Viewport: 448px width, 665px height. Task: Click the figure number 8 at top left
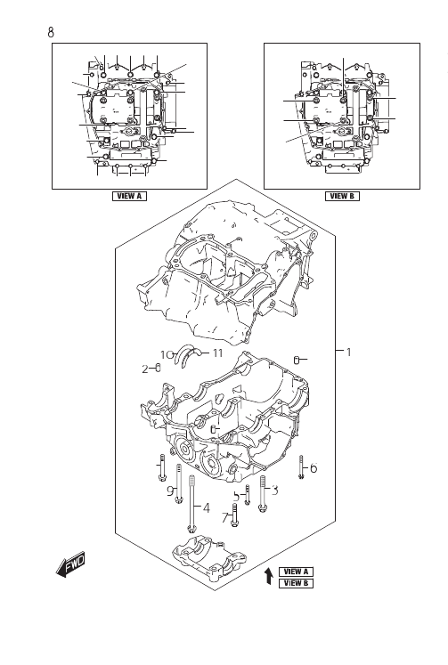coord(51,32)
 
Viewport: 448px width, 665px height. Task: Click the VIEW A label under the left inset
coord(129,196)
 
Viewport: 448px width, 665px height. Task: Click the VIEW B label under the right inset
coord(342,196)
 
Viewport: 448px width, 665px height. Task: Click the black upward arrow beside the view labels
coord(268,577)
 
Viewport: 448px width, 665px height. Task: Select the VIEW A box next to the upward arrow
coord(296,572)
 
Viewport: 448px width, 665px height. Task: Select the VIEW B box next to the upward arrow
coord(296,583)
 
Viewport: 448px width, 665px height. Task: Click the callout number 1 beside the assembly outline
coord(349,352)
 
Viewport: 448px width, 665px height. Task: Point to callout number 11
coord(217,353)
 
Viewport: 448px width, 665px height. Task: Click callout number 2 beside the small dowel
coord(145,369)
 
